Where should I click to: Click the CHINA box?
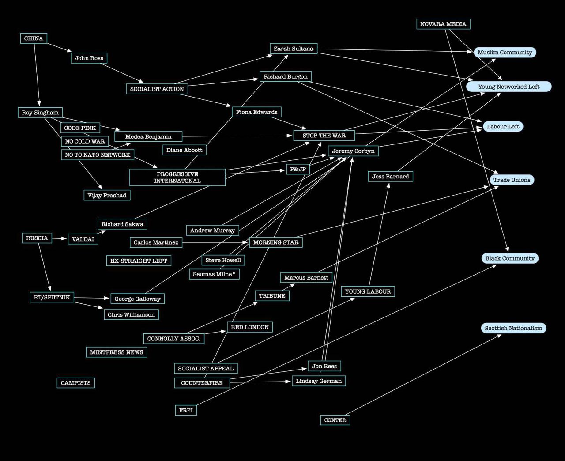tap(34, 38)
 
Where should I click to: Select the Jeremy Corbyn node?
tap(353, 151)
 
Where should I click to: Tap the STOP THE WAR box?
tap(324, 136)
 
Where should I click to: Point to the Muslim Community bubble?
tap(505, 53)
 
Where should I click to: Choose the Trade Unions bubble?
tap(512, 180)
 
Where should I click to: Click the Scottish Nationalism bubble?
tap(513, 328)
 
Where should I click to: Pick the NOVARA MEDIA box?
tap(443, 24)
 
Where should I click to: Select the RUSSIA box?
tap(37, 238)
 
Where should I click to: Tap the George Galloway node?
tap(137, 299)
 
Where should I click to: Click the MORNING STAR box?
tap(276, 242)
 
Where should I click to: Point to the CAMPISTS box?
tap(75, 383)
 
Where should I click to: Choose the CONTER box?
tap(335, 420)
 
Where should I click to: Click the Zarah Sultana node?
tap(294, 49)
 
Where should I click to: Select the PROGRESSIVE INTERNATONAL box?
tap(177, 178)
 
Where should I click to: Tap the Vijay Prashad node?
tap(107, 195)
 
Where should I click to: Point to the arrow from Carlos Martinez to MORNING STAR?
tap(215, 242)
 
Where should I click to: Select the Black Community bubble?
tap(510, 258)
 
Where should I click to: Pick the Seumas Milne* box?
tap(214, 274)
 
